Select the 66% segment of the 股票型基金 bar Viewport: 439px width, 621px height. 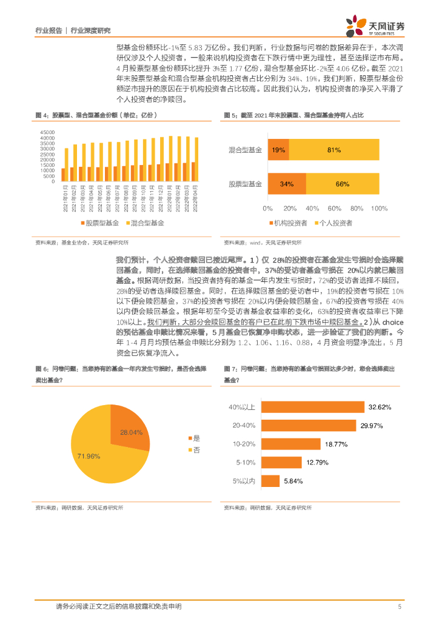pyautogui.click(x=342, y=184)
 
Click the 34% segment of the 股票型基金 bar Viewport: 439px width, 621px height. pyautogui.click(x=286, y=184)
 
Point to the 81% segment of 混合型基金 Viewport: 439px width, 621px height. pyautogui.click(x=333, y=149)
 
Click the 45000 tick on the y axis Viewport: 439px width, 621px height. pyautogui.click(x=47, y=132)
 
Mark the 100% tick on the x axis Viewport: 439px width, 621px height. pyautogui.click(x=379, y=209)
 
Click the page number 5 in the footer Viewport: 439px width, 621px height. pyautogui.click(x=399, y=606)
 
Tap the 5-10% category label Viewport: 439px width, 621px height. pyautogui.click(x=247, y=463)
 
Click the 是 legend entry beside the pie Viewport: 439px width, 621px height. pyautogui.click(x=195, y=438)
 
